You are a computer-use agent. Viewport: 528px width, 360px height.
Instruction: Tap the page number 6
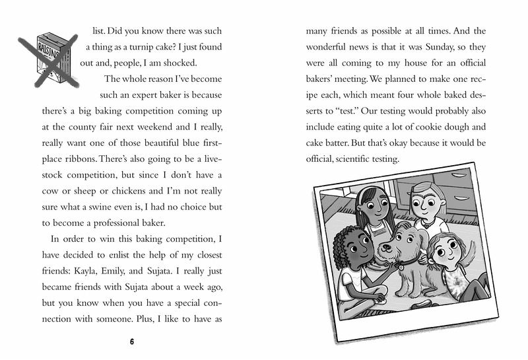[132, 342]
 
